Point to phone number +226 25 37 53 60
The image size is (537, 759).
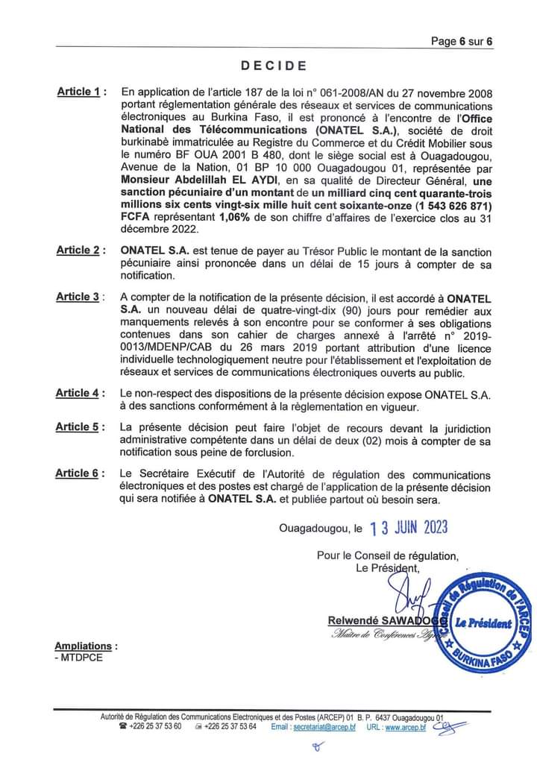pyautogui.click(x=154, y=727)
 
